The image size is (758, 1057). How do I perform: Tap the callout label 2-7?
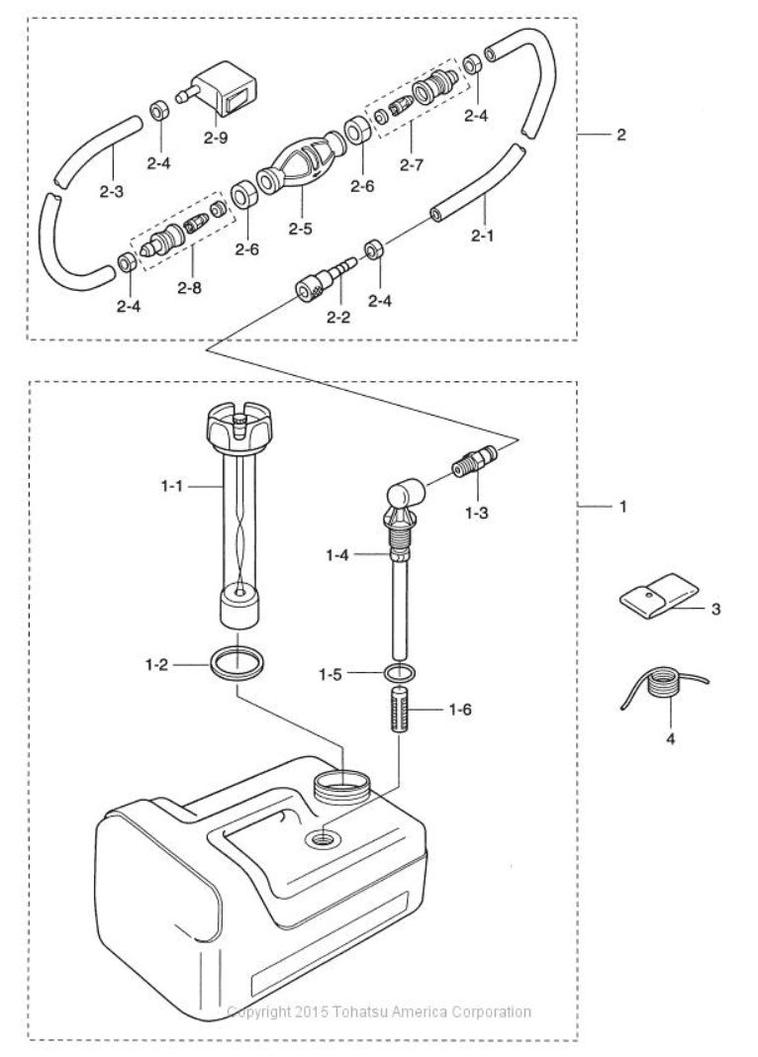pyautogui.click(x=411, y=164)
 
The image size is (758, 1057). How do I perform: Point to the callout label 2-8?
pyautogui.click(x=189, y=288)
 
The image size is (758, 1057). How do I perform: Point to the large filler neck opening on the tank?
pyautogui.click(x=342, y=786)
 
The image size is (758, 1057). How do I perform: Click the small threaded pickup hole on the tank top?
pyautogui.click(x=323, y=839)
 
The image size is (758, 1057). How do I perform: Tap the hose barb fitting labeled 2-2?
pyautogui.click(x=323, y=280)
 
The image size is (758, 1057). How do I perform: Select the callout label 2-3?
pyautogui.click(x=111, y=191)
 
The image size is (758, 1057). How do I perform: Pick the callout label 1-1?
pyautogui.click(x=172, y=485)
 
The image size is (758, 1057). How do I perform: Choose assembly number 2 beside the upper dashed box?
pyautogui.click(x=620, y=135)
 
